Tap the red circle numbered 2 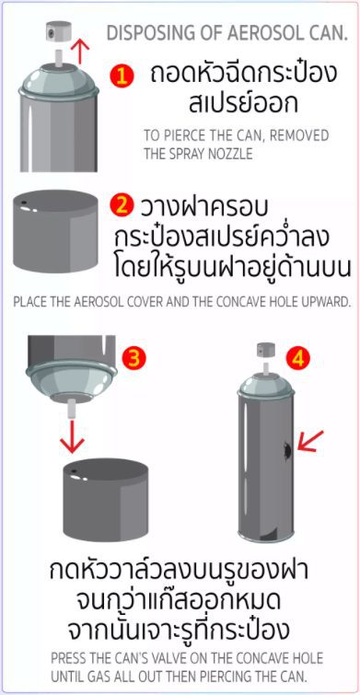pos(122,207)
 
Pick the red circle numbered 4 pos(296,359)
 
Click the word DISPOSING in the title pos(145,33)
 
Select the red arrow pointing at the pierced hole pos(310,442)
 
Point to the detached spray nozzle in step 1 pos(58,31)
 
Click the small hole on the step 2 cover pos(24,203)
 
